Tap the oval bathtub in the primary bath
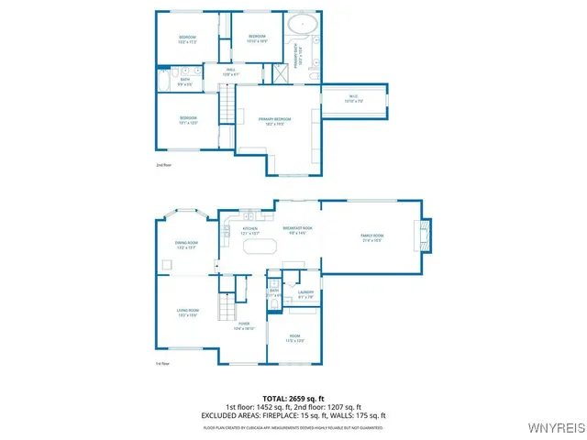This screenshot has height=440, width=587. tap(301, 25)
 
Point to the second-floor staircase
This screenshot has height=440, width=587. tap(227, 103)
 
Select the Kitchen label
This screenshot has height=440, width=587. tap(249, 232)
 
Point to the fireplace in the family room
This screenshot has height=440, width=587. tap(424, 236)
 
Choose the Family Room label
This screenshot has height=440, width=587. tap(371, 236)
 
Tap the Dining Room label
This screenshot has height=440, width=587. tap(187, 245)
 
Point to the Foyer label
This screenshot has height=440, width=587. tap(244, 325)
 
